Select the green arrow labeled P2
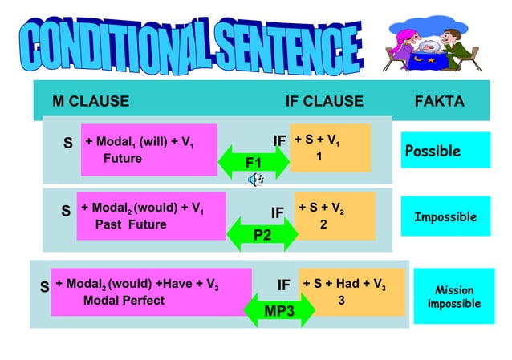[262, 235]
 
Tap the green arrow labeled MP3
[279, 309]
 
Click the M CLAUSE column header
[90, 102]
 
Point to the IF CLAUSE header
[324, 102]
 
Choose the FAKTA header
[439, 102]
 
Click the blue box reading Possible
[445, 151]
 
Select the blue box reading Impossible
[445, 217]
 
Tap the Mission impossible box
[453, 297]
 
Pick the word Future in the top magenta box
[122, 159]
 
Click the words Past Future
[131, 224]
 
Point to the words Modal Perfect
[124, 301]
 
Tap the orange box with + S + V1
[331, 148]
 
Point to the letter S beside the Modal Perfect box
[45, 285]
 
